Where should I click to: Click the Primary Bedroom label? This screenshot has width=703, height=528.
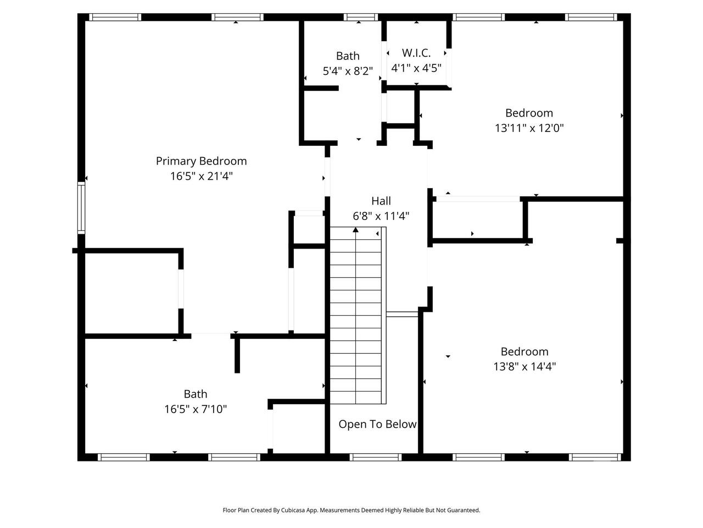click(x=201, y=161)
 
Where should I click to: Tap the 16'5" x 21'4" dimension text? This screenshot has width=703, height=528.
click(x=201, y=176)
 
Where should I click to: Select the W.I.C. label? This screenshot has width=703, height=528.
click(x=416, y=53)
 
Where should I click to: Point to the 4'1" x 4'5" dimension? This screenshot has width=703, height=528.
click(x=416, y=68)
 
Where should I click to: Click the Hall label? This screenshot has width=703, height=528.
click(x=381, y=201)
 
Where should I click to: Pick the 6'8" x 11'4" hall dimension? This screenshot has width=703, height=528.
click(x=381, y=216)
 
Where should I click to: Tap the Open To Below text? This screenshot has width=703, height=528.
click(x=377, y=424)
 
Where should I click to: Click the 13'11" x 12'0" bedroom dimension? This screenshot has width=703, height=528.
click(x=529, y=128)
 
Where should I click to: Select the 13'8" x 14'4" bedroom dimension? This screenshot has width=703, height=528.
click(x=525, y=366)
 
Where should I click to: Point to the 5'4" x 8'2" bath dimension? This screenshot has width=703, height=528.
click(x=348, y=71)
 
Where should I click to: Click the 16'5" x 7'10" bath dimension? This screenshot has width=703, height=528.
click(x=196, y=409)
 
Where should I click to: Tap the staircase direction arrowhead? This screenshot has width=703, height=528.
click(x=355, y=229)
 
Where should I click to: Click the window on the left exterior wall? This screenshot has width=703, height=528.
click(x=81, y=208)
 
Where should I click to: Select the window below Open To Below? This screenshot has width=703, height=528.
click(x=375, y=457)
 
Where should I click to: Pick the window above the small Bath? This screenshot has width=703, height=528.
click(x=361, y=17)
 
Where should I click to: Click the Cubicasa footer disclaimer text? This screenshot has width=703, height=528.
click(x=351, y=510)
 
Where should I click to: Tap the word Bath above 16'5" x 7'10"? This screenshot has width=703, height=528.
click(x=196, y=394)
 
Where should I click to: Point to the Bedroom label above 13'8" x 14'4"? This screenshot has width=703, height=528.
click(x=525, y=351)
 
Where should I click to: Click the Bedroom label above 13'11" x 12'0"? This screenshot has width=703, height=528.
click(x=529, y=113)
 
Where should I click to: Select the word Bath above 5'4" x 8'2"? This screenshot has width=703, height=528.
click(x=348, y=56)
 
